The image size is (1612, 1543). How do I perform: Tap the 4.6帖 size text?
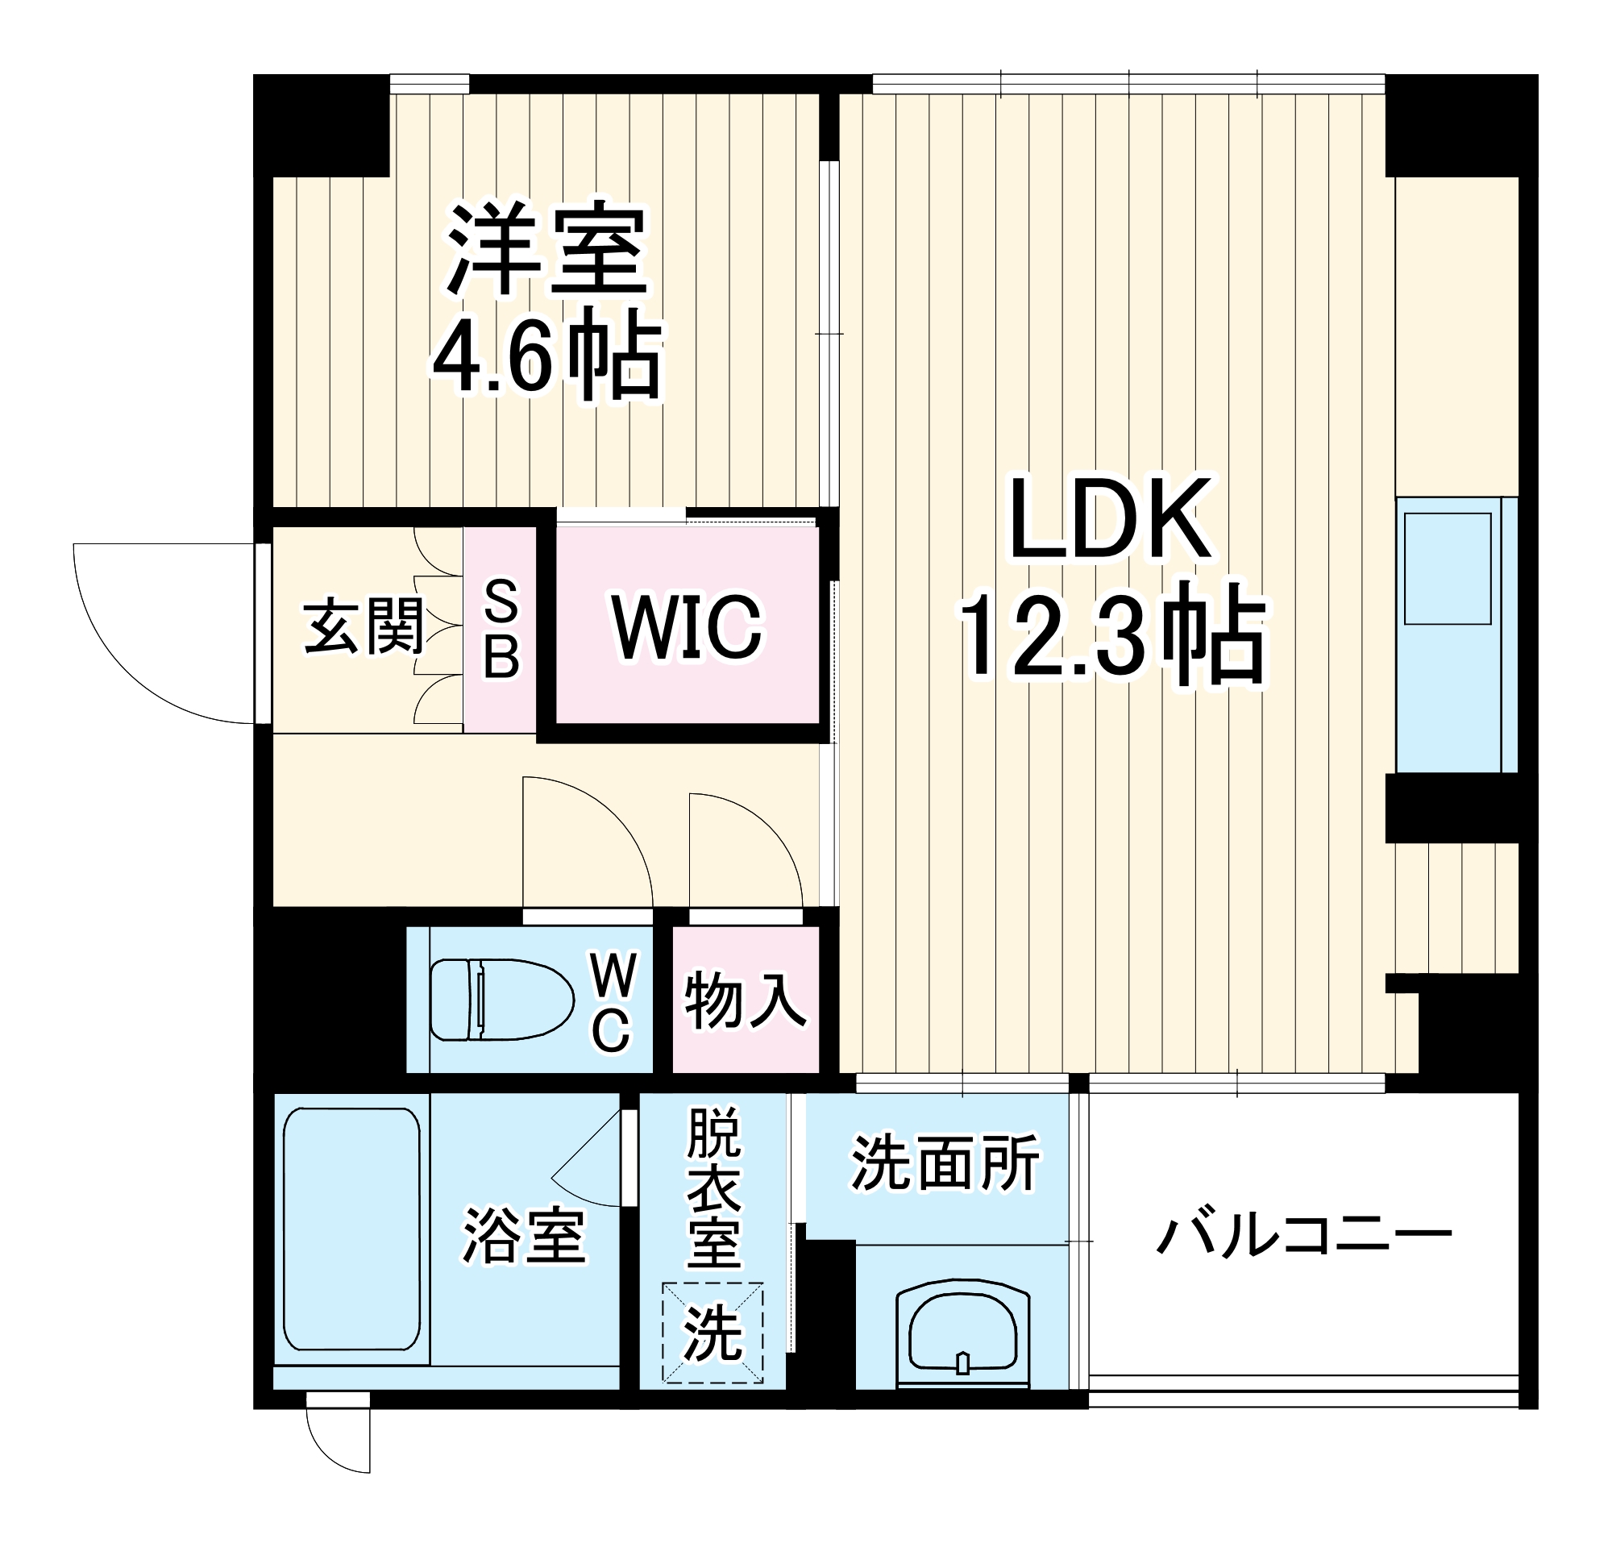tap(546, 356)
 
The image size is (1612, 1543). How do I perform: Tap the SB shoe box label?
tap(501, 629)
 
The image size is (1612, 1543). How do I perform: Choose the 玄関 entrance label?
tap(364, 627)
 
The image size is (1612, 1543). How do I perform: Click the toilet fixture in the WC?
tap(501, 1000)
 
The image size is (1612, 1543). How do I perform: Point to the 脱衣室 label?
tap(714, 1187)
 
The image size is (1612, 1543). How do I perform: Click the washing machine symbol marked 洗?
tap(713, 1333)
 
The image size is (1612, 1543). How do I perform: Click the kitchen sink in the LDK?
tap(1448, 568)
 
